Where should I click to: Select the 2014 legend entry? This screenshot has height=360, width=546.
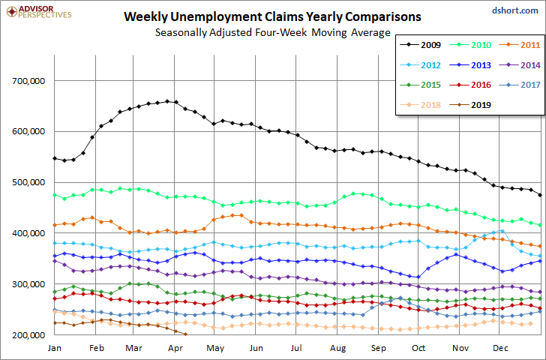(519, 65)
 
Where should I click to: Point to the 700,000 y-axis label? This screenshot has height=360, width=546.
(28, 81)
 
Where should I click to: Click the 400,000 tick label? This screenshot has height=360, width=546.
(28, 233)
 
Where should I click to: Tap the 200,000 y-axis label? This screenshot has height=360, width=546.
(28, 335)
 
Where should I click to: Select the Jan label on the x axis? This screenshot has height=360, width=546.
(54, 348)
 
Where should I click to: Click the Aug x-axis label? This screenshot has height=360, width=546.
(337, 348)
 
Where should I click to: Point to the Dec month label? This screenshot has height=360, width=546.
(500, 348)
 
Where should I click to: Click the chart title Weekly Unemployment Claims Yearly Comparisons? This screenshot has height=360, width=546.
(272, 16)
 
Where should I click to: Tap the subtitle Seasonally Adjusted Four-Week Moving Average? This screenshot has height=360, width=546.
(273, 32)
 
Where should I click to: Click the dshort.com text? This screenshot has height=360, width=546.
(515, 10)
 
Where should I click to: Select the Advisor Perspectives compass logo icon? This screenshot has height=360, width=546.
(12, 11)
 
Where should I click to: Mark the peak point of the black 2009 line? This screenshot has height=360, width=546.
(167, 101)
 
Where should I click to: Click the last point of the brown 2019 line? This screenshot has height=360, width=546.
(185, 334)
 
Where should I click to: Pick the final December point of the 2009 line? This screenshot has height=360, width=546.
(540, 195)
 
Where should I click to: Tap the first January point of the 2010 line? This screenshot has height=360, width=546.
(55, 195)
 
